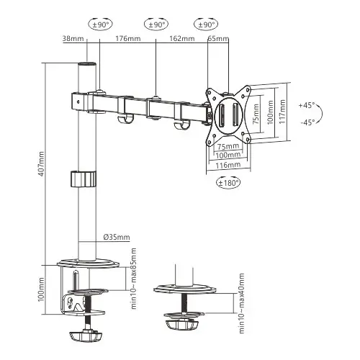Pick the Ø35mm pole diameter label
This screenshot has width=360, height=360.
[x=116, y=237]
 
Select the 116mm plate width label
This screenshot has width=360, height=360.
[x=229, y=165]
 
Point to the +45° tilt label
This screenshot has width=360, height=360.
[x=307, y=106]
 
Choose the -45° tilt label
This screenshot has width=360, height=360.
[x=307, y=122]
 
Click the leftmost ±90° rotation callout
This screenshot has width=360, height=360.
[x=100, y=24]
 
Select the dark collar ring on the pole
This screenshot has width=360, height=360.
[x=85, y=179]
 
